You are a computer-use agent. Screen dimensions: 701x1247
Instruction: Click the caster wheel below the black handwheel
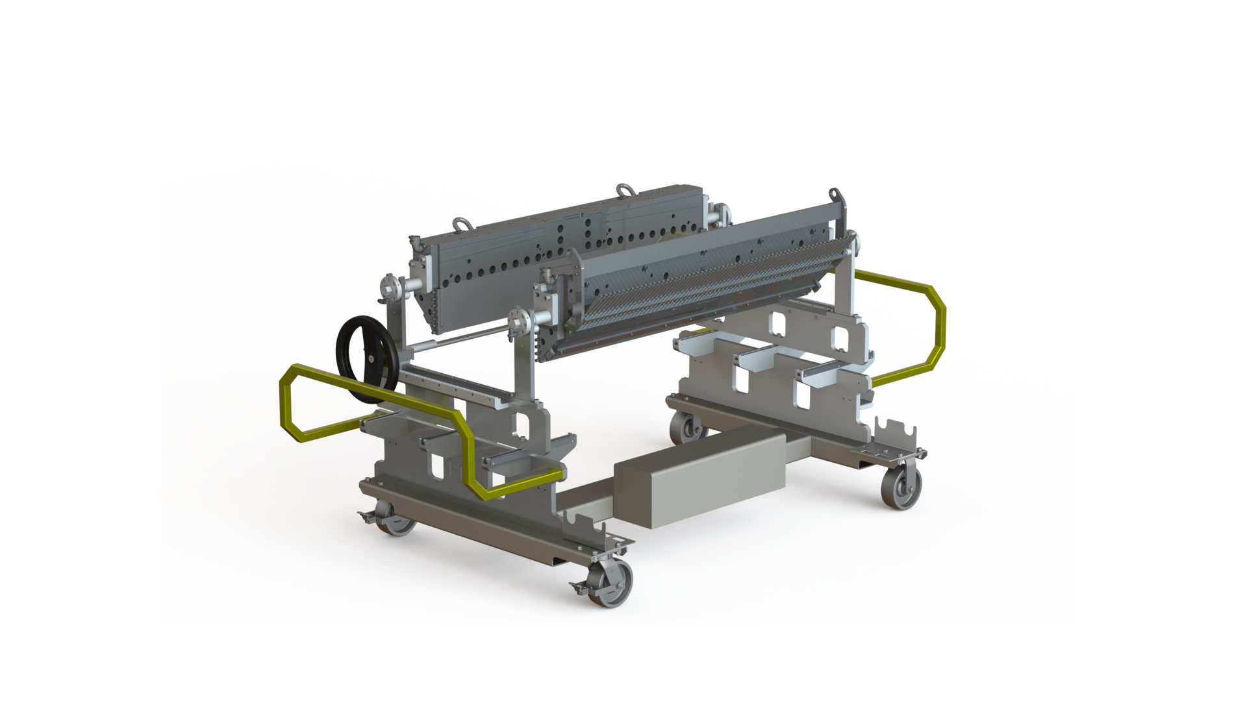pos(397,523)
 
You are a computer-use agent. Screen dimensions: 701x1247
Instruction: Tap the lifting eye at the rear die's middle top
pos(623,190)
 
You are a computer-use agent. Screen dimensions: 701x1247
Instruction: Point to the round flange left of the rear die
pos(388,290)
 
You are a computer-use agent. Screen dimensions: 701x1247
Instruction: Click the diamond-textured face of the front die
pos(701,286)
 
